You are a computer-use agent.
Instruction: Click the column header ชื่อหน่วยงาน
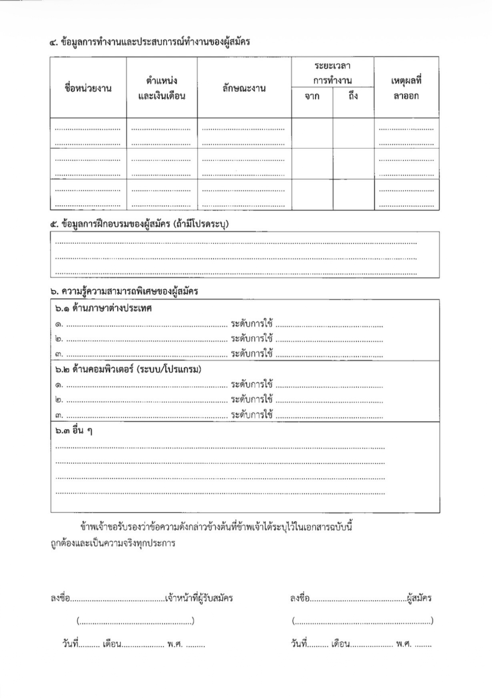pos(88,88)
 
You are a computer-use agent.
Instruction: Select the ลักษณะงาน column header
pos(244,88)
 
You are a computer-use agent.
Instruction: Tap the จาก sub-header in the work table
pos(312,96)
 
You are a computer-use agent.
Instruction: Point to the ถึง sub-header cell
pos(353,96)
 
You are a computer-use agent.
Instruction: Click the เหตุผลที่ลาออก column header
pos(406,88)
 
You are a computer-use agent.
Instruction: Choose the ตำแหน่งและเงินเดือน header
pos(162,88)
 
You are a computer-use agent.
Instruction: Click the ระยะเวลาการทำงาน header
pos(332,73)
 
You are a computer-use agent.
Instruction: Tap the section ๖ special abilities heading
pos(124,291)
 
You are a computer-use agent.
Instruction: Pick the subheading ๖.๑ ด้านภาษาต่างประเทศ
pos(103,308)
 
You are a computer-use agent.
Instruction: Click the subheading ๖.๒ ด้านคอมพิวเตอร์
pos(128,369)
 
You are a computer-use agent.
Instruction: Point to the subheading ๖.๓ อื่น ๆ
pos(73,431)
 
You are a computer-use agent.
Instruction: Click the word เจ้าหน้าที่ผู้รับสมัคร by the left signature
pos(199,598)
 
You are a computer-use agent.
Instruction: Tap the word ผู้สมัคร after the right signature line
pos(420,598)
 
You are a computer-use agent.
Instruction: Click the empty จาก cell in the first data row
pos(312,133)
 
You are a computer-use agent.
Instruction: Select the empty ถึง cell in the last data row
pos(353,194)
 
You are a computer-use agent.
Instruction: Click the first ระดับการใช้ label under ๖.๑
pos(252,324)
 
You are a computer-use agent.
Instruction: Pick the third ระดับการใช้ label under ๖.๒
pos(252,415)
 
